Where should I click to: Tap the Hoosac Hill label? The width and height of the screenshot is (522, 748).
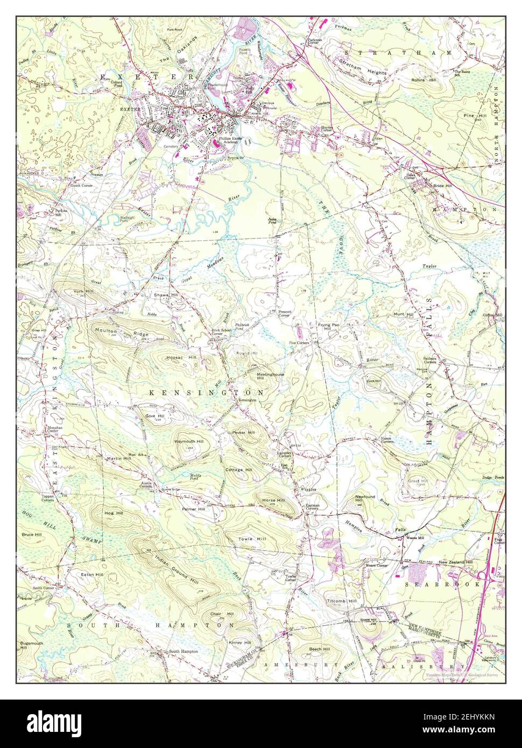pos(181,357)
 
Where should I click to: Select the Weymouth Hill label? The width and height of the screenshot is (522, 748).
pos(188,441)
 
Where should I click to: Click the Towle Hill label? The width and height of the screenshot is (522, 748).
pos(252,539)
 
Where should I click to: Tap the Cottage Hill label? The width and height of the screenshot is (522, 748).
pos(238,470)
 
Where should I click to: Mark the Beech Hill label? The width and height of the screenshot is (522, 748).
pos(319,650)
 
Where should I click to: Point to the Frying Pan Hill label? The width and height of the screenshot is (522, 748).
pos(328,328)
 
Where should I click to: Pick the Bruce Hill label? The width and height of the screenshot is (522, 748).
pos(31,535)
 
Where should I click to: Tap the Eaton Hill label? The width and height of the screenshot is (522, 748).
pos(91,575)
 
